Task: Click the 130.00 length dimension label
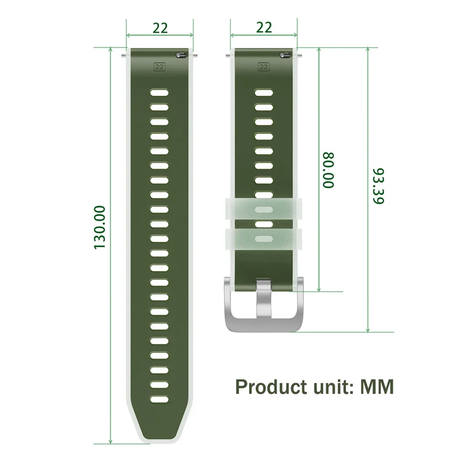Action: [99, 227]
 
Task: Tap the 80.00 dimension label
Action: [329, 170]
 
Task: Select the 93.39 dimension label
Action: [378, 186]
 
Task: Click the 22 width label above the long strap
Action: [160, 28]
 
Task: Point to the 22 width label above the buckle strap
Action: [264, 27]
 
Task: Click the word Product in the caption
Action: [271, 387]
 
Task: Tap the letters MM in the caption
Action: [377, 387]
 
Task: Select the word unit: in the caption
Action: [334, 387]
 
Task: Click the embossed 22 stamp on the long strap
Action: [159, 67]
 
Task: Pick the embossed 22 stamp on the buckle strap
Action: [264, 67]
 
